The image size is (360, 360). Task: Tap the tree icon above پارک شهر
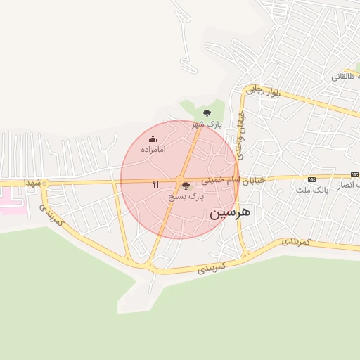206,112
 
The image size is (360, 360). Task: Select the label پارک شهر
207,124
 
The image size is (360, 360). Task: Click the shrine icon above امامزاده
153,139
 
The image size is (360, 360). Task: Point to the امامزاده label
153,150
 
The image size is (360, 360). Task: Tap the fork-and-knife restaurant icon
156,184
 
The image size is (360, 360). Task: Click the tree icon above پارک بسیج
186,186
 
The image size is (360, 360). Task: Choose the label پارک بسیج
186,198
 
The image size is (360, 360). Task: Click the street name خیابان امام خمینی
234,180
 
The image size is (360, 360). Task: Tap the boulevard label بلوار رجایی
264,91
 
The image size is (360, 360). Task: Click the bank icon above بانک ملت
311,179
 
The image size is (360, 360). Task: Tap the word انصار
347,186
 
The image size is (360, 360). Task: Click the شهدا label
33,182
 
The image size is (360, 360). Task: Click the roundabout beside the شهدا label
44,184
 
